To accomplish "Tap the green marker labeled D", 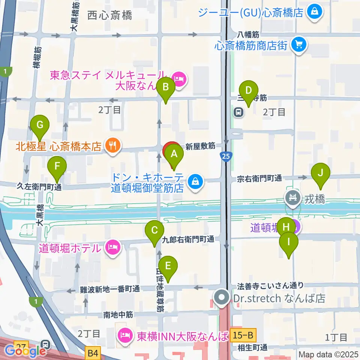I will (x=249, y=90).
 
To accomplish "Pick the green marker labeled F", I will (x=57, y=166).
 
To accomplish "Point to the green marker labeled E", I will (x=168, y=266).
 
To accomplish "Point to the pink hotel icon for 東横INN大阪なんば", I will (x=124, y=334).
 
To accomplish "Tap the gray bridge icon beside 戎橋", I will (x=293, y=197).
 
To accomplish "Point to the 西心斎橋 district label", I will (x=110, y=15).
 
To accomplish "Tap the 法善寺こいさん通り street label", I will (x=270, y=286).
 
